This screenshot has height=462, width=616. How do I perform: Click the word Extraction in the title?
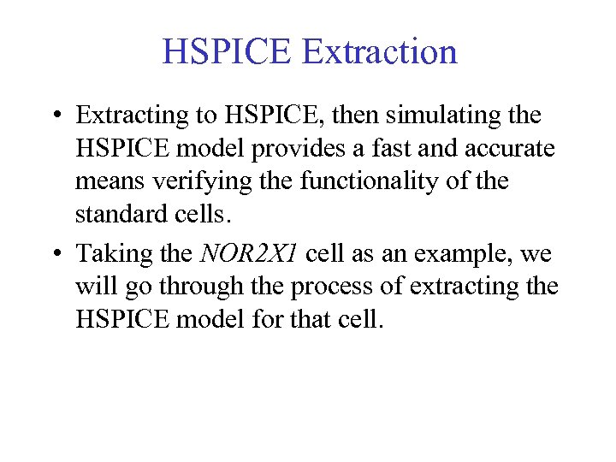(380, 51)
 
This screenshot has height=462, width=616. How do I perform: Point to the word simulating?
(450, 115)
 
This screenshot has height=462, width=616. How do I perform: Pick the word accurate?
(511, 148)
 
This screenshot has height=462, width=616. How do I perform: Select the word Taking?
(108, 254)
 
